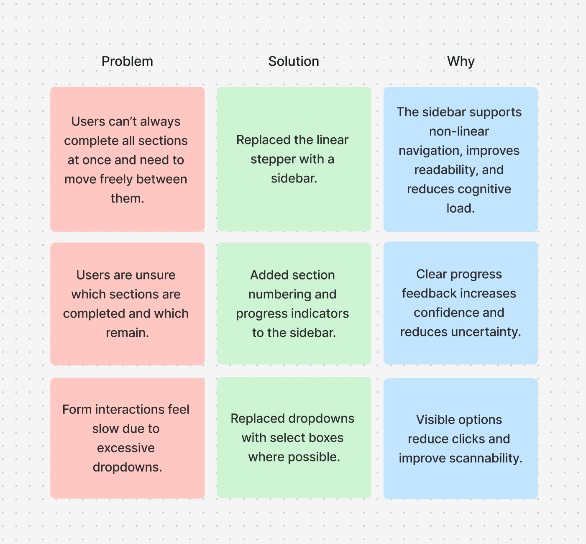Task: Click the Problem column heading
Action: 127,62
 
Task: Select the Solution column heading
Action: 294,62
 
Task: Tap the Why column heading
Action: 461,62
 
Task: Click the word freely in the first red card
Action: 111,179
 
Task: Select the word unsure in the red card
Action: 155,275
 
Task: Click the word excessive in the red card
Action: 126,448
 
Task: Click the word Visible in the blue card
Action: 435,420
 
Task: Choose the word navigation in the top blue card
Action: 430,151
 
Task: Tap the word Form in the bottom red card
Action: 77,409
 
